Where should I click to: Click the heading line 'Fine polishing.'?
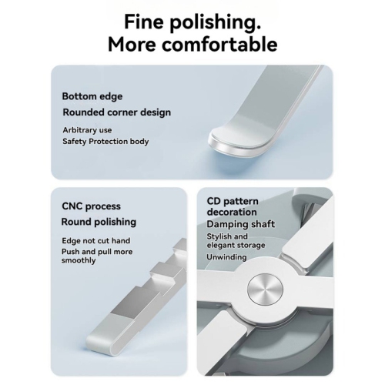(x=192, y=22)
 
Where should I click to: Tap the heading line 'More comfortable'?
(x=192, y=45)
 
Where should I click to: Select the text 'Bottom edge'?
(x=92, y=96)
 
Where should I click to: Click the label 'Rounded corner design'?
(x=117, y=112)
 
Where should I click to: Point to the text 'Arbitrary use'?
(x=87, y=130)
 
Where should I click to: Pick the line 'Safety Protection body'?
(x=105, y=142)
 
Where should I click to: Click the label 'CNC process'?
(x=91, y=206)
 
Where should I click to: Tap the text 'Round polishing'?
(x=99, y=222)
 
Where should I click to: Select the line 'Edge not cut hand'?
(x=96, y=241)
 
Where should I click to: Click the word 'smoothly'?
(x=79, y=260)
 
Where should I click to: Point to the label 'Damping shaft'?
(x=241, y=224)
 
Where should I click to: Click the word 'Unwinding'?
(x=226, y=257)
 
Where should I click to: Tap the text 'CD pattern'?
(x=233, y=201)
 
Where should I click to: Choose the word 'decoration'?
(x=232, y=212)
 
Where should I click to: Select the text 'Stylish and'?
(x=227, y=236)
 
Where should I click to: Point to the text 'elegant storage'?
(x=236, y=246)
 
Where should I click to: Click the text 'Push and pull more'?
(x=97, y=252)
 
